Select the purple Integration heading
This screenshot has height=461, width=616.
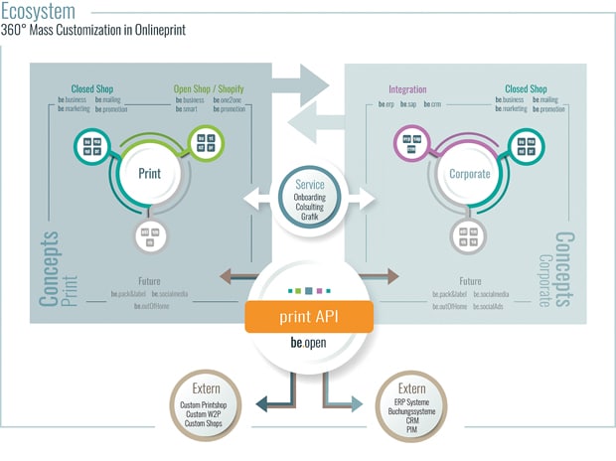click(x=406, y=89)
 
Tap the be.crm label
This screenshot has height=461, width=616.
click(x=432, y=102)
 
